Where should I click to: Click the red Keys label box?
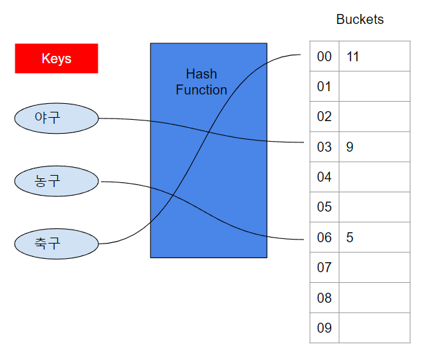click(x=57, y=59)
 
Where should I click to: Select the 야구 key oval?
click(x=57, y=118)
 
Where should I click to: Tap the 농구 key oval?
click(x=57, y=181)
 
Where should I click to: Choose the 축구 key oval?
click(x=57, y=243)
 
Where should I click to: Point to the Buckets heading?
click(x=360, y=19)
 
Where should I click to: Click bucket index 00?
click(x=324, y=57)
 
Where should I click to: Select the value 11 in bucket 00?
click(x=353, y=57)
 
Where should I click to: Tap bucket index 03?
click(x=324, y=147)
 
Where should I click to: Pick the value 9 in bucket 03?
click(x=350, y=147)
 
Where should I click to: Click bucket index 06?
click(x=324, y=238)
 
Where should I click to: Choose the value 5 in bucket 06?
click(x=350, y=238)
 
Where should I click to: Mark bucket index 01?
click(x=324, y=87)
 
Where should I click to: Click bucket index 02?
click(x=324, y=116)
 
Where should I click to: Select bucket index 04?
click(x=324, y=177)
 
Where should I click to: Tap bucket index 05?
click(x=324, y=207)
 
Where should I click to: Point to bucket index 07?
click(x=324, y=268)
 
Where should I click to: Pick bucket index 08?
click(x=324, y=298)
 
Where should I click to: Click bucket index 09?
click(x=324, y=328)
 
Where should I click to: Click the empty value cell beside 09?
click(x=374, y=328)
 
